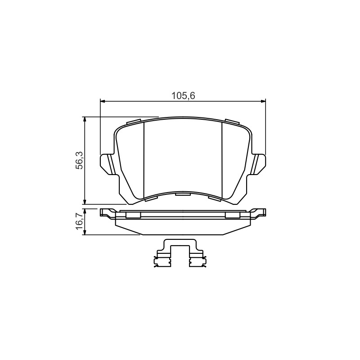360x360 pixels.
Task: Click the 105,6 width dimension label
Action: pyautogui.click(x=183, y=96)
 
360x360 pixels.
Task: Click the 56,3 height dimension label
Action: pyautogui.click(x=79, y=160)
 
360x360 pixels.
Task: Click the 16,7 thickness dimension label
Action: pyautogui.click(x=79, y=221)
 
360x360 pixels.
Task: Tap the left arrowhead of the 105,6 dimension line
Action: pyautogui.click(x=103, y=101)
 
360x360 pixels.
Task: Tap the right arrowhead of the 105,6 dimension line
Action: pyautogui.click(x=263, y=101)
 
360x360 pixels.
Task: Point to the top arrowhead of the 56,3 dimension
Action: pyautogui.click(x=85, y=119)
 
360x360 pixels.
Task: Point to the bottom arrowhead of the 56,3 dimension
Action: pyautogui.click(x=85, y=202)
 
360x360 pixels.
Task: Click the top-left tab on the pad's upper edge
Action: pyautogui.click(x=134, y=121)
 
